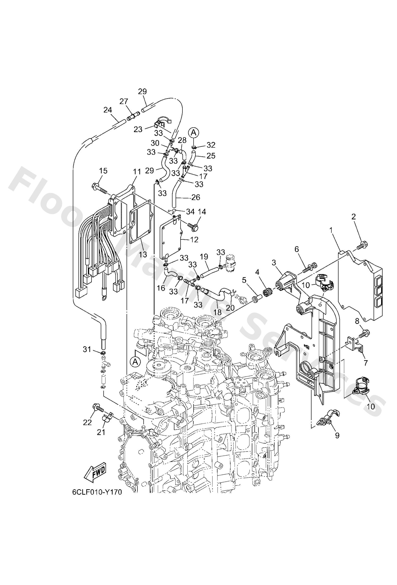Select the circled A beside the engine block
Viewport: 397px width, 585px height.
tap(135, 362)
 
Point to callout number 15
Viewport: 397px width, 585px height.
tap(103, 171)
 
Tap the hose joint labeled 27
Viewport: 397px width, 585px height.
tap(133, 116)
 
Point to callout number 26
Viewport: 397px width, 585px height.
tap(196, 197)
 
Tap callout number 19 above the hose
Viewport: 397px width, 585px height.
tap(204, 257)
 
